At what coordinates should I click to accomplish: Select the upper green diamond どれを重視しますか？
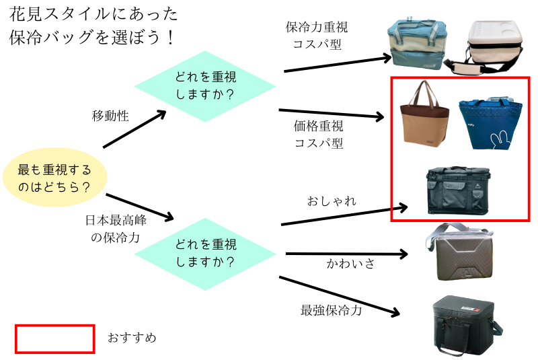click(x=205, y=86)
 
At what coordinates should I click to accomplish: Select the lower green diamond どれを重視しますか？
click(x=205, y=253)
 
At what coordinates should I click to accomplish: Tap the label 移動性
click(x=110, y=116)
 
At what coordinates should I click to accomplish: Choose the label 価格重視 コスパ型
click(x=318, y=134)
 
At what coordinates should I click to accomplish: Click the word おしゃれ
click(x=332, y=201)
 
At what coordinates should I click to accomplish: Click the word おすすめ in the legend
click(x=132, y=337)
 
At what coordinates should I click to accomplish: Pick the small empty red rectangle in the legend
click(x=54, y=338)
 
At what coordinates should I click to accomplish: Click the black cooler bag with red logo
click(x=466, y=326)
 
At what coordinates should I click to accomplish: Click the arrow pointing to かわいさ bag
click(x=346, y=254)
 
